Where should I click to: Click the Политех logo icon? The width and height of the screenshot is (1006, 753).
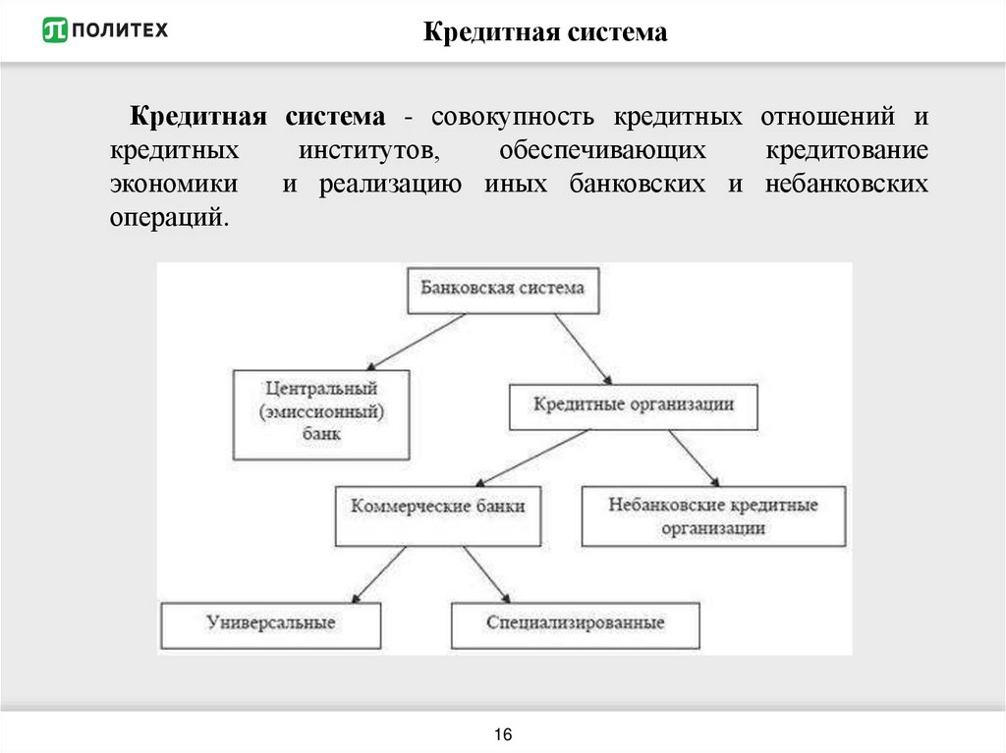55,30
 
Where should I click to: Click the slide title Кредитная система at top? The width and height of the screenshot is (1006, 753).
545,33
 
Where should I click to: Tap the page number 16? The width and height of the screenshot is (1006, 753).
503,735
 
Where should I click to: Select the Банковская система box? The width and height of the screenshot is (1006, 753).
503,289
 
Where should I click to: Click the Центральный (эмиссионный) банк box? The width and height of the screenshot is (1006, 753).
321,413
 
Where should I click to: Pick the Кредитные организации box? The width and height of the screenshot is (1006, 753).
634,404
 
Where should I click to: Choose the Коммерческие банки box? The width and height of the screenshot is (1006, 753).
438,515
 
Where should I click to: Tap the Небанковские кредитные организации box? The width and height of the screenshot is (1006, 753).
713,516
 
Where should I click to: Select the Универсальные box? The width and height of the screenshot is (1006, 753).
271,624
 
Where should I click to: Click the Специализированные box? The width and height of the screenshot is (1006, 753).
576,624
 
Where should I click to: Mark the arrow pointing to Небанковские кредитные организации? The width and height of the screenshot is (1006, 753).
698,457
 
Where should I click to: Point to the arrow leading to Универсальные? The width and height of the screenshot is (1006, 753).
378,573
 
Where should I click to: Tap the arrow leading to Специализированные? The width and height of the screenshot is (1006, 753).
486,573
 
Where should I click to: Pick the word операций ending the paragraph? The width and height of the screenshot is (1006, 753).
168,218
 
